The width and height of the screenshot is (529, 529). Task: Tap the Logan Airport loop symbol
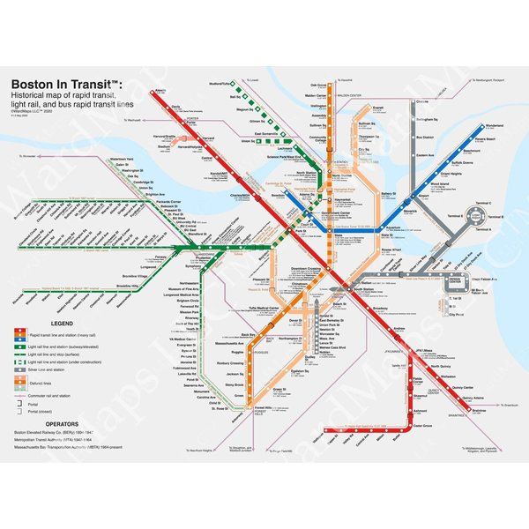(477, 214)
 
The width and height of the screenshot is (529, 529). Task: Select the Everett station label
(379, 108)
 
